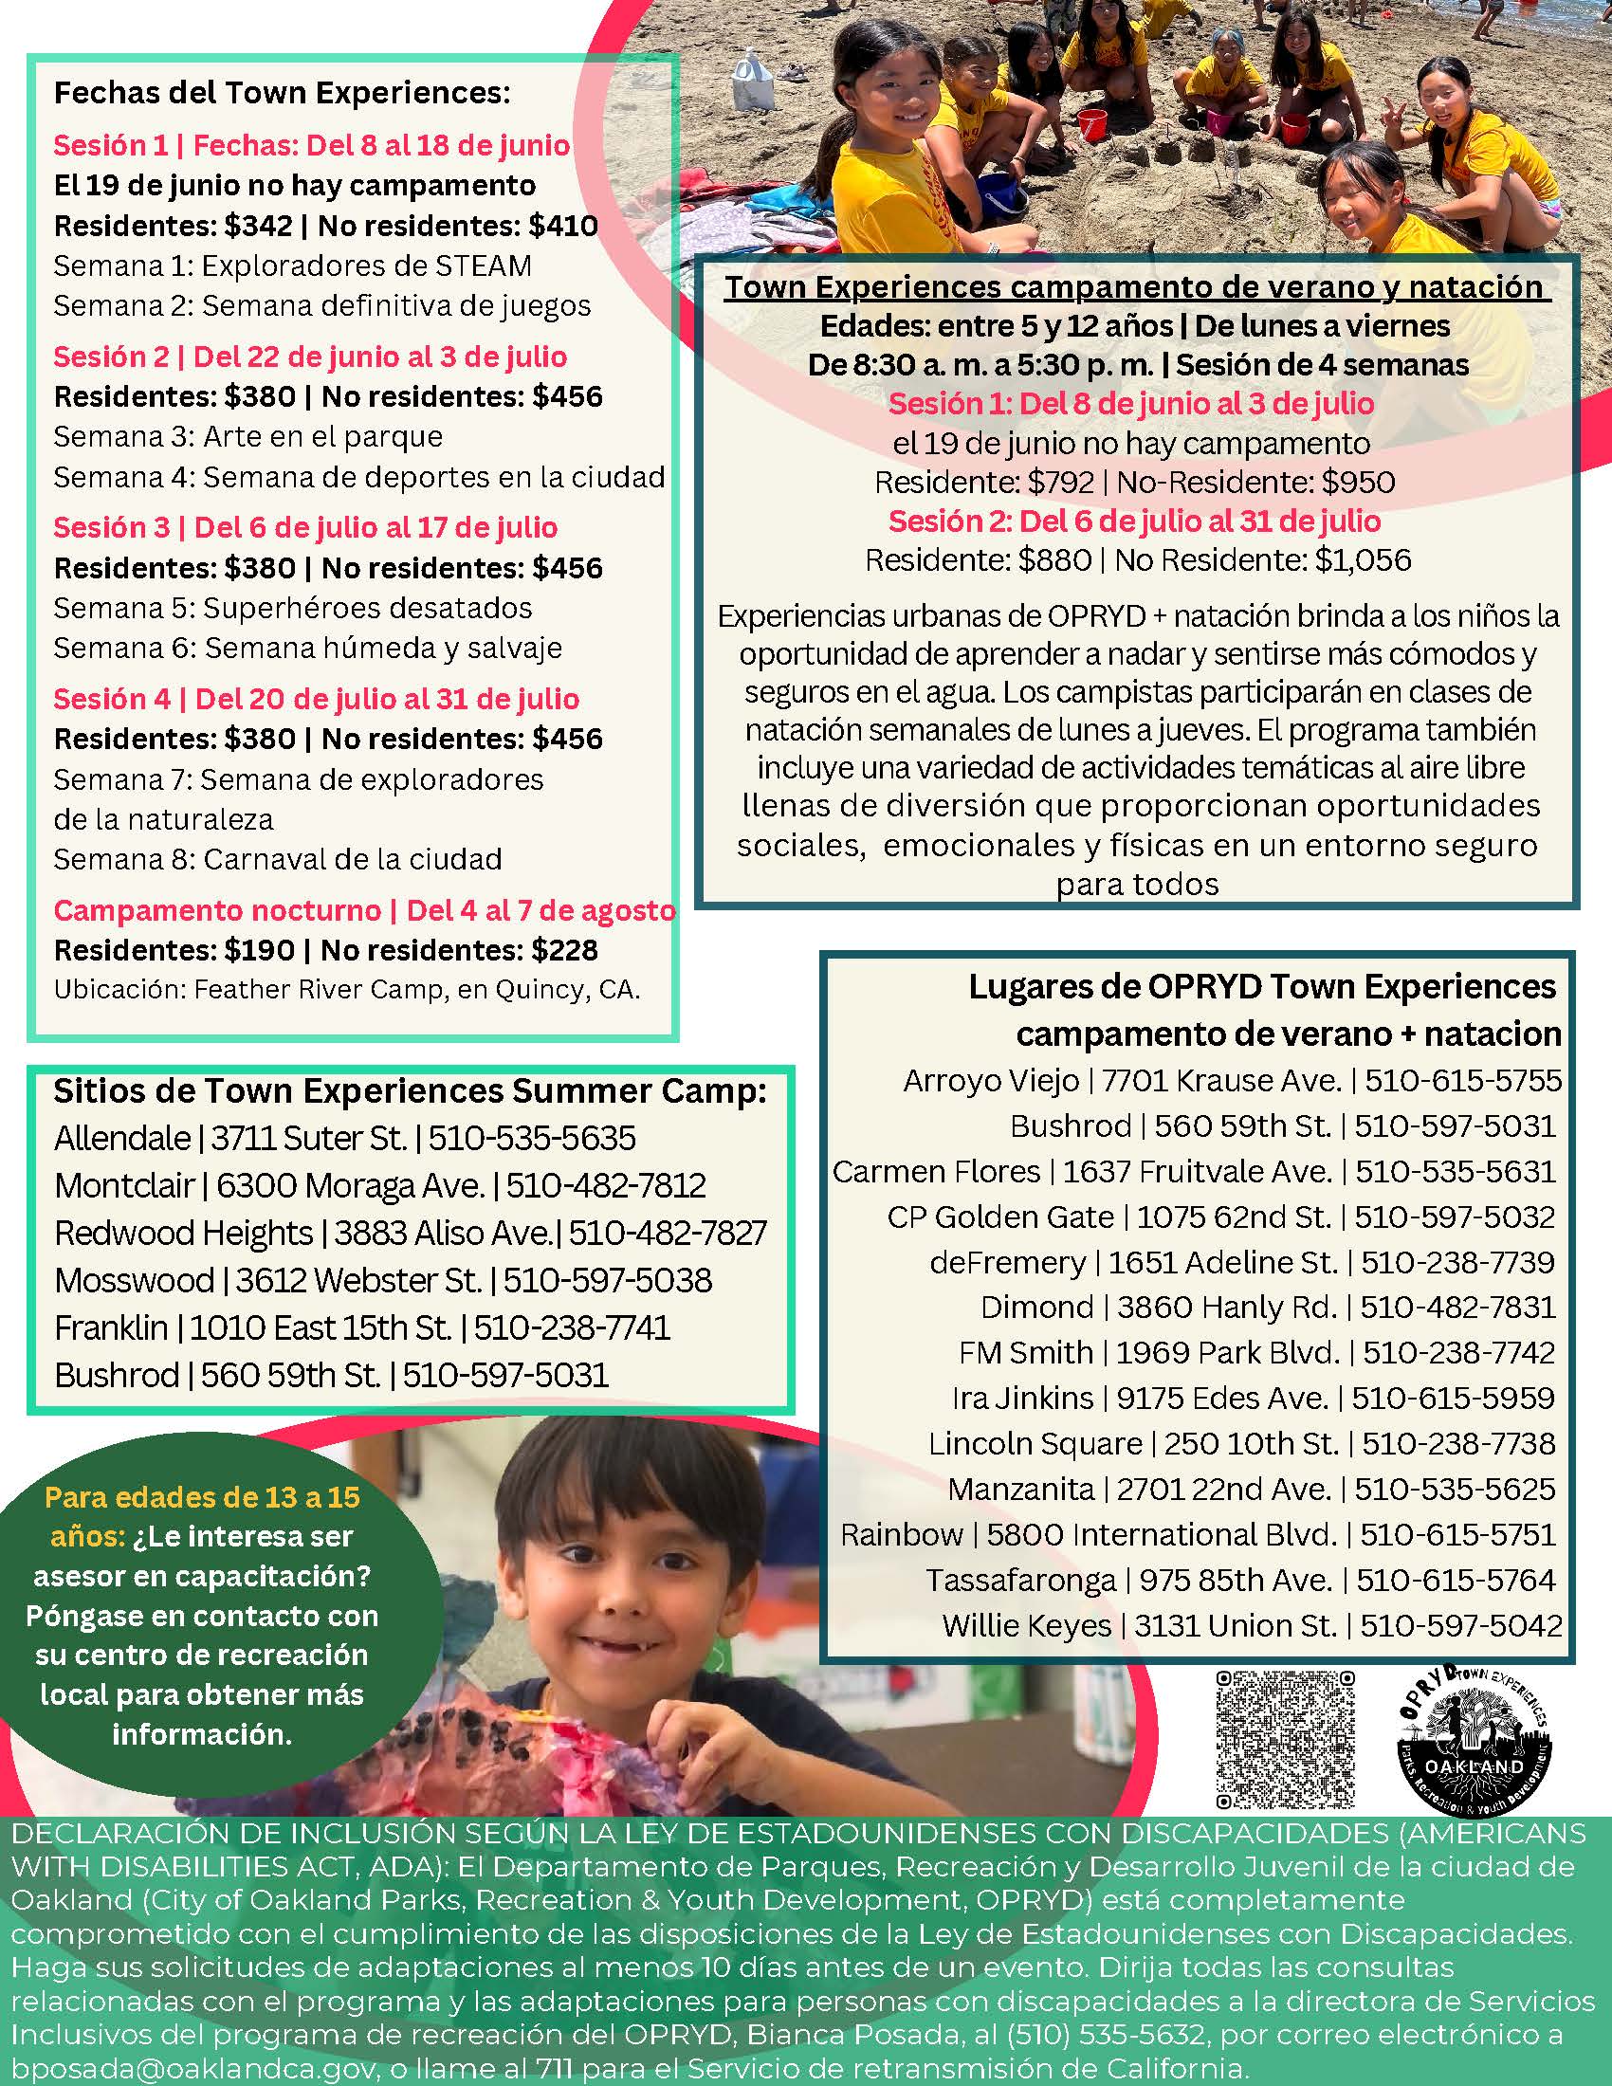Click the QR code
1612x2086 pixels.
[1287, 1740]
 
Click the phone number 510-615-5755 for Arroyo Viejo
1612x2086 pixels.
[1463, 1080]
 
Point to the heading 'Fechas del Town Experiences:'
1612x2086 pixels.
[282, 94]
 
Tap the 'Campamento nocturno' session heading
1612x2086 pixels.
[216, 910]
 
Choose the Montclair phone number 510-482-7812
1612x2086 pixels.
[606, 1185]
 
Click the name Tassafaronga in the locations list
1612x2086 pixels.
[1020, 1580]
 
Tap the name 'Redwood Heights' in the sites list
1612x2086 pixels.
[183, 1233]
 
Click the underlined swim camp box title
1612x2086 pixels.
[1133, 287]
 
